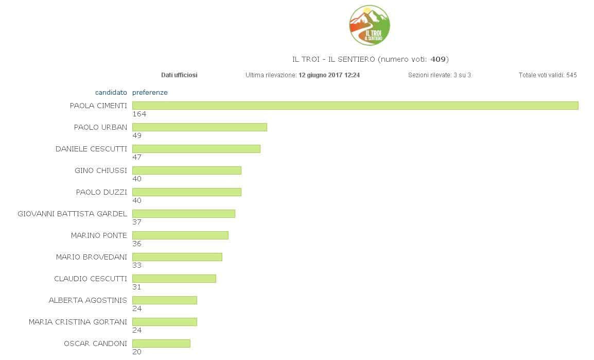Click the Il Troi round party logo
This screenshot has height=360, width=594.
coord(369,25)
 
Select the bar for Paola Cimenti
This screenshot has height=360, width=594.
coord(355,106)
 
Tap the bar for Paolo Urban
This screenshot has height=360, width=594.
coord(200,127)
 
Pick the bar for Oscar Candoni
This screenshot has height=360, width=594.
coord(161,344)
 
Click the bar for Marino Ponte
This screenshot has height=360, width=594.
coord(180,235)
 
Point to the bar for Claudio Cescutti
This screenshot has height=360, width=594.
coord(174,279)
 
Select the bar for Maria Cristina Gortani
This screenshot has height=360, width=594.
coord(165,322)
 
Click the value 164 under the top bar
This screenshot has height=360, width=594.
coord(139,114)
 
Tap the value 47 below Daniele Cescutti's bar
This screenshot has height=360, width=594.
coord(137,158)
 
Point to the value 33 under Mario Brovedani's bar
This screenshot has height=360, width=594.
coord(137,266)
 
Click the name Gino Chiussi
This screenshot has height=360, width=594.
coord(101,170)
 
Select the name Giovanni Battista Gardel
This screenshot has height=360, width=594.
coord(72,214)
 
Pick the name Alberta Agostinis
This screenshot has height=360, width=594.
coord(88,300)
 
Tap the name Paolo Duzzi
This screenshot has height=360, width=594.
coord(101,192)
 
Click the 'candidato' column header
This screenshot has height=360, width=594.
coord(111,93)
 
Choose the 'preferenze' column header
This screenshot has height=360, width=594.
coord(150,93)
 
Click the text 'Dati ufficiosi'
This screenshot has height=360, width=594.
coord(179,75)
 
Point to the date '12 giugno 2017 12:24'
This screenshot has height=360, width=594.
coord(329,75)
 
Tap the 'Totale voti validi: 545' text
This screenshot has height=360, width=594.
coord(548,75)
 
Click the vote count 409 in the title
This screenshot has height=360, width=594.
coord(438,59)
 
